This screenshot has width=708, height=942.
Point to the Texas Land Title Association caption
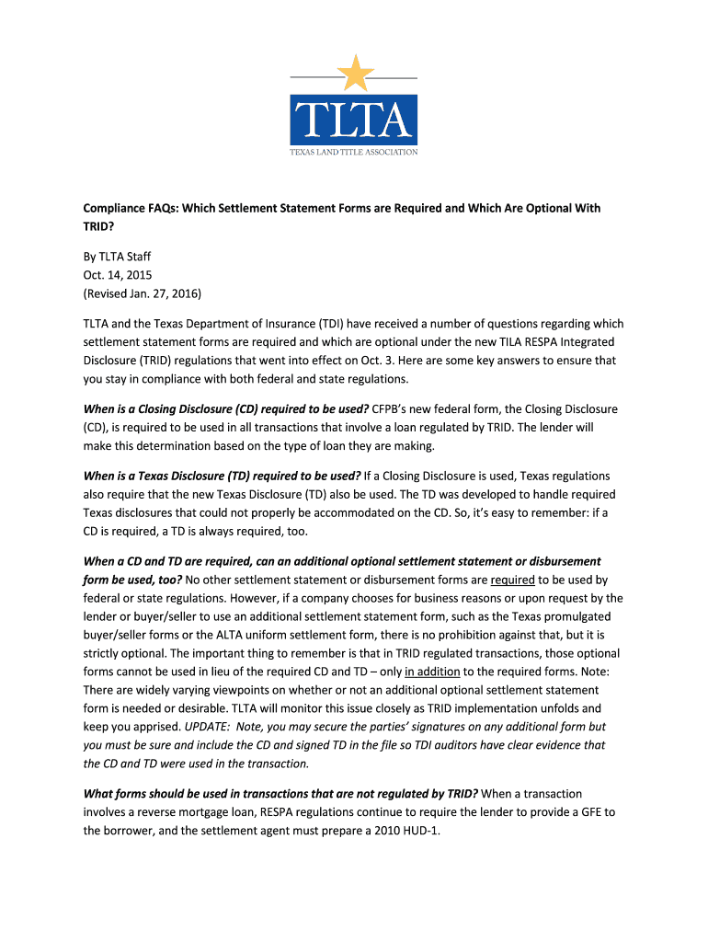coord(355,152)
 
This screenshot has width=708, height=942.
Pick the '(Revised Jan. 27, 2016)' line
coord(143,293)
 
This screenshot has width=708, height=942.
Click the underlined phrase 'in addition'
coord(431,672)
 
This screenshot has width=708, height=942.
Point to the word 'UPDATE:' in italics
coord(207,727)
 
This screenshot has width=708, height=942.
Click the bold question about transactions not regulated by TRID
coord(280,793)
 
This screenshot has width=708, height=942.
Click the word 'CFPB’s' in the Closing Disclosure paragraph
coord(396,408)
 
